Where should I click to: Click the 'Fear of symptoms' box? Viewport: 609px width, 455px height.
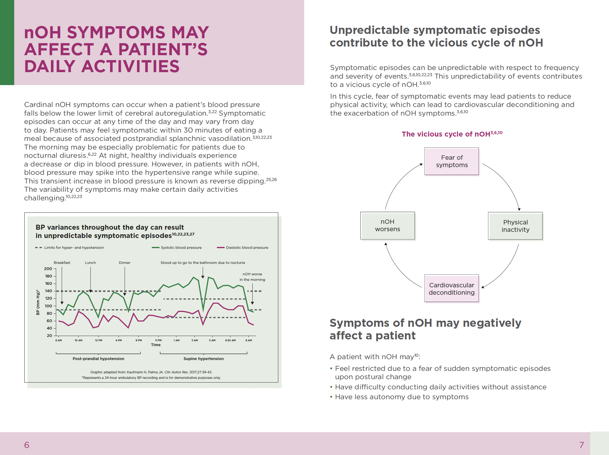click(452, 161)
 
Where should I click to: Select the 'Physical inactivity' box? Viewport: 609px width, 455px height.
click(515, 226)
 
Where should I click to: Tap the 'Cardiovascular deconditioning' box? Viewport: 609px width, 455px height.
click(452, 289)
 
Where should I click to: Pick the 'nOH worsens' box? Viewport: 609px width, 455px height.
click(387, 225)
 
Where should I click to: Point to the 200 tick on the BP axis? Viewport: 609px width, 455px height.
click(48, 269)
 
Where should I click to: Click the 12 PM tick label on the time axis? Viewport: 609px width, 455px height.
click(98, 340)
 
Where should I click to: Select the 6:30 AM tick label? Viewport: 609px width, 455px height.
click(230, 340)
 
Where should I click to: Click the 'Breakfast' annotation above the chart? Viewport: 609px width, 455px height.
click(62, 263)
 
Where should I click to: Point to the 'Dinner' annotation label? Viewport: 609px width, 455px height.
click(125, 263)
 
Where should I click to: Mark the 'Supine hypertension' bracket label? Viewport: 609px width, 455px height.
click(204, 359)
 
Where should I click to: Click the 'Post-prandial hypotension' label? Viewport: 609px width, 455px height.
click(98, 359)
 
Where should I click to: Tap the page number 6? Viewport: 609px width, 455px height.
click(27, 445)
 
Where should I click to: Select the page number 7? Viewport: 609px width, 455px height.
click(582, 445)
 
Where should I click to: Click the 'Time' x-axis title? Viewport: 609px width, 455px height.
click(156, 345)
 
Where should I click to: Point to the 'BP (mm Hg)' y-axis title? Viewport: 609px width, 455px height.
click(38, 302)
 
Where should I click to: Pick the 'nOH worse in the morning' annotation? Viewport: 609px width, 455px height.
click(252, 277)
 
